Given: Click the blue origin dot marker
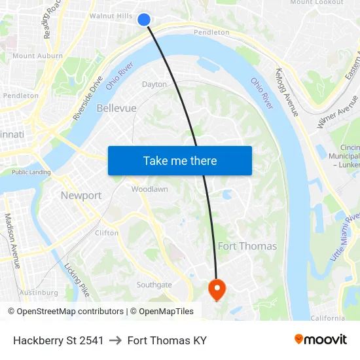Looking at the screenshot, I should coord(145,20).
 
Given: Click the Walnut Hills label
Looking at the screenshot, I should coord(111,15).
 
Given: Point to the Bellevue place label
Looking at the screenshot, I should coord(117,108).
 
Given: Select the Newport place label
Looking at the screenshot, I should coord(81,195).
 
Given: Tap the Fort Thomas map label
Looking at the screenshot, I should coord(247,246).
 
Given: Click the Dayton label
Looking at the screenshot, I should coord(154,84).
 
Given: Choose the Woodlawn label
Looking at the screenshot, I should coord(149,189).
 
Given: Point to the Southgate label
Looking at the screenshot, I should coord(154,285).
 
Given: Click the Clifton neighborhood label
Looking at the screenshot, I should coord(107,232).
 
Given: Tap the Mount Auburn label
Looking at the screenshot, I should coord(38,56).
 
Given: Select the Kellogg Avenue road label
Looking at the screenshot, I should coord(287,92).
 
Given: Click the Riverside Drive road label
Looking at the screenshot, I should coord(88,99).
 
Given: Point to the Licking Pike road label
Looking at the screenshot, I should coord(77,279).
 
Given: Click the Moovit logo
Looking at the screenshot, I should coord(320,340).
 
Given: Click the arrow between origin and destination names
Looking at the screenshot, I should coord(116,340).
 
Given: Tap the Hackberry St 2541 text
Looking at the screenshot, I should coord(58,340).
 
